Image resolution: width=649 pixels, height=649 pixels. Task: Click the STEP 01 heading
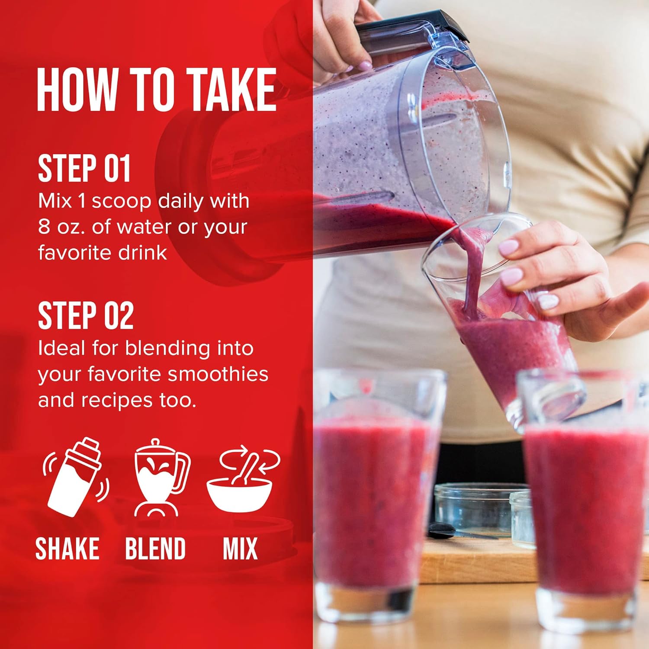coord(84,168)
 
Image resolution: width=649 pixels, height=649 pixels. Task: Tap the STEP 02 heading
coord(86,315)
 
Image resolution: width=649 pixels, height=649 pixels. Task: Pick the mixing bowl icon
coord(243,480)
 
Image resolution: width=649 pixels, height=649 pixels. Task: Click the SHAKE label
coord(67,549)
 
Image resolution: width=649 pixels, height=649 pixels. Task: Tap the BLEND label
coord(155,549)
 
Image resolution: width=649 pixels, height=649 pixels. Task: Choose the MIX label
coord(240,549)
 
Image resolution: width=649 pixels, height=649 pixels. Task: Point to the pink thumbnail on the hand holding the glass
coord(508,247)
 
